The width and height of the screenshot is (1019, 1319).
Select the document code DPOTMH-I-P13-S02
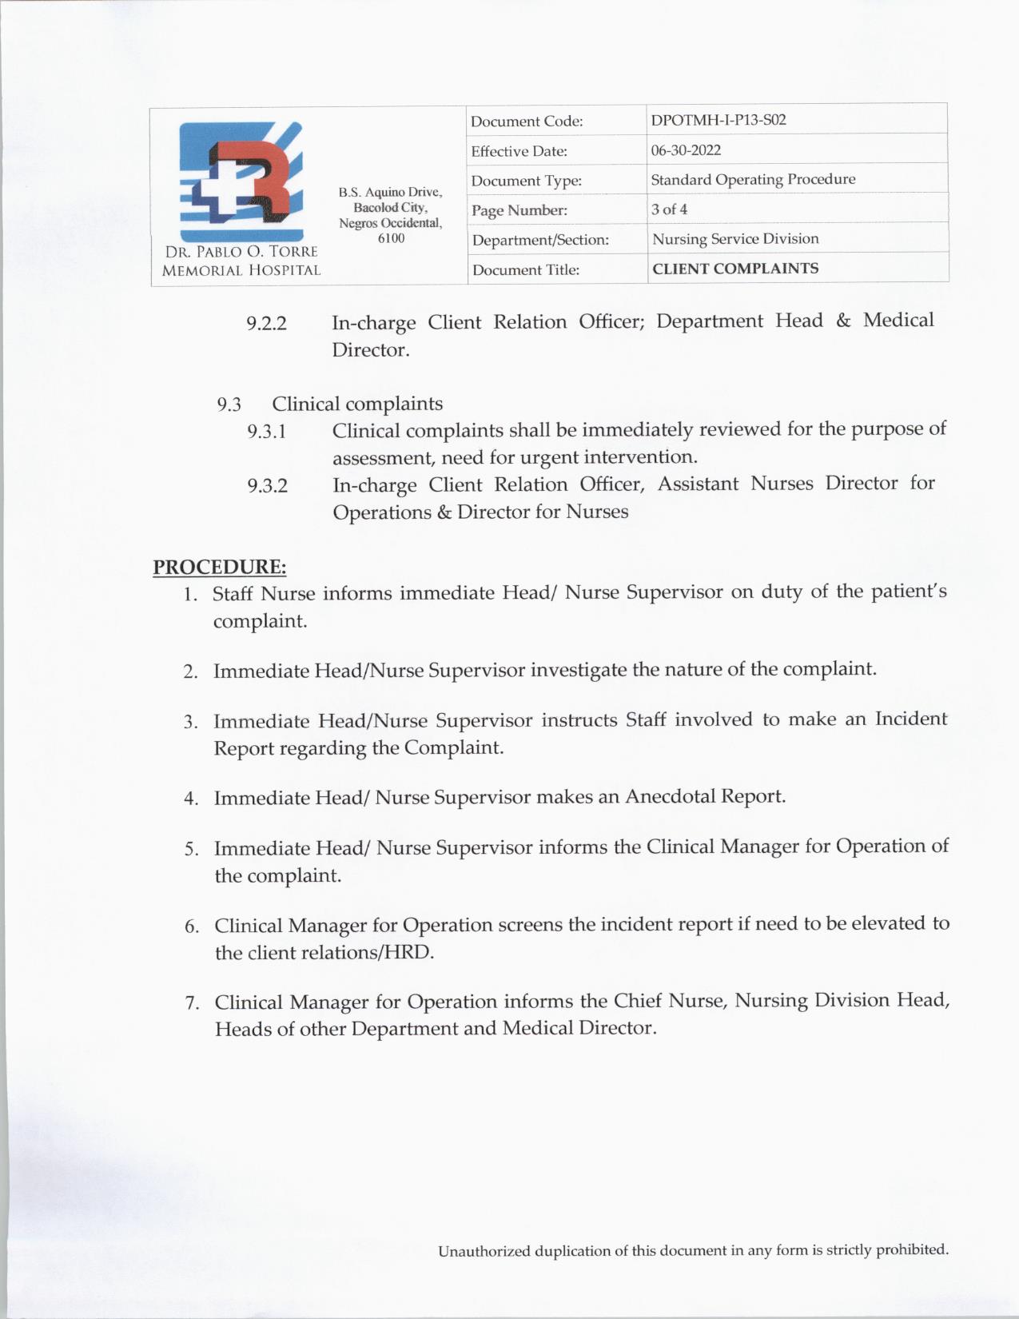tap(718, 120)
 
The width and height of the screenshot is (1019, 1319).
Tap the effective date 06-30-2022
tap(686, 150)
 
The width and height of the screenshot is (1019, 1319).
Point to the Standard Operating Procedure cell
tap(753, 179)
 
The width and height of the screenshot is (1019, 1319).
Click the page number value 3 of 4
tap(669, 209)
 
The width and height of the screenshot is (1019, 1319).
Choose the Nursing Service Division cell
tap(735, 239)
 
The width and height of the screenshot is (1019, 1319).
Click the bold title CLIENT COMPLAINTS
tap(735, 269)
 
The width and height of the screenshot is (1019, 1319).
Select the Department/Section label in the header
tap(540, 240)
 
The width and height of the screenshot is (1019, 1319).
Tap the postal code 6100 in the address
tap(391, 238)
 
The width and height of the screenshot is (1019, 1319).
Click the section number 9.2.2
tap(266, 324)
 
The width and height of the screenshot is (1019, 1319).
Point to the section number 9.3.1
tap(267, 432)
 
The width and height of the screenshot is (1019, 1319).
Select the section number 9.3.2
tap(267, 486)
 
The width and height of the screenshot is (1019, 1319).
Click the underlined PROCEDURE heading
tap(220, 567)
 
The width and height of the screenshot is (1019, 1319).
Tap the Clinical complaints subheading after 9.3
tap(357, 404)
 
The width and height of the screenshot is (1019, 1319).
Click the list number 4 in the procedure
tap(190, 799)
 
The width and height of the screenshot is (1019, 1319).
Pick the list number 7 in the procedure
tap(192, 1003)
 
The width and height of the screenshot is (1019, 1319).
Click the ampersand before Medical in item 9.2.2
tap(843, 321)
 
